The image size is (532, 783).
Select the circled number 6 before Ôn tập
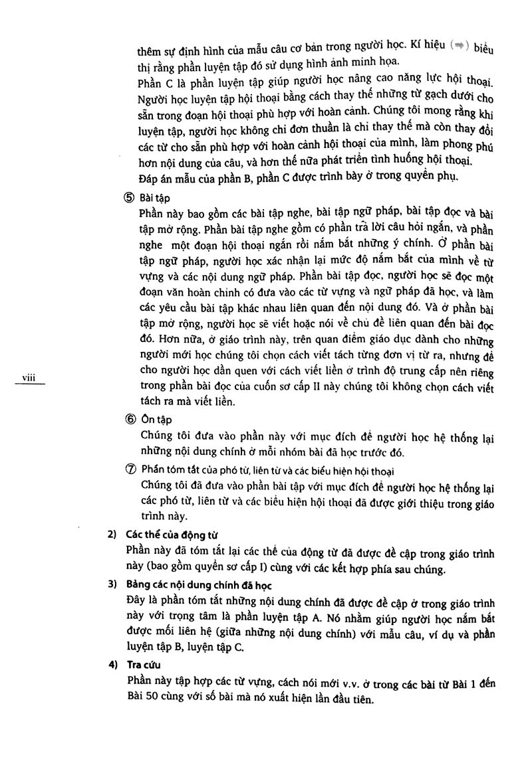pyautogui.click(x=129, y=420)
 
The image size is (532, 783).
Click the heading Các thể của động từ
pyautogui.click(x=172, y=535)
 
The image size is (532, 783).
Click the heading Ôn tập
pyautogui.click(x=155, y=420)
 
